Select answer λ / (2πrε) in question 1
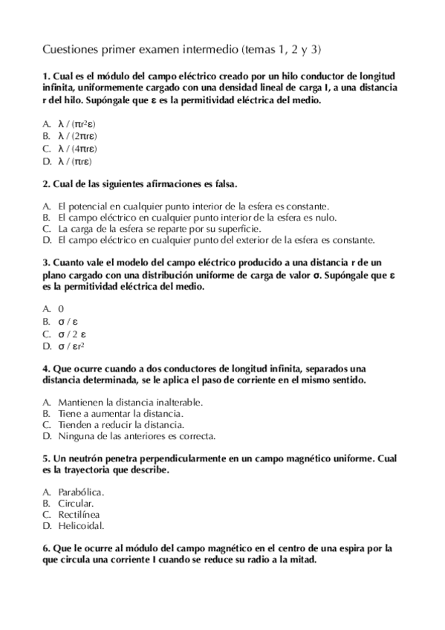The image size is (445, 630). click(77, 137)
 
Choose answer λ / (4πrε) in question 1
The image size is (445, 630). click(77, 149)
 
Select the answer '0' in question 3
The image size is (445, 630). click(61, 310)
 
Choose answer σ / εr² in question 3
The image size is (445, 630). click(72, 345)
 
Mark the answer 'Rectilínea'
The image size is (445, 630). click(79, 514)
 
